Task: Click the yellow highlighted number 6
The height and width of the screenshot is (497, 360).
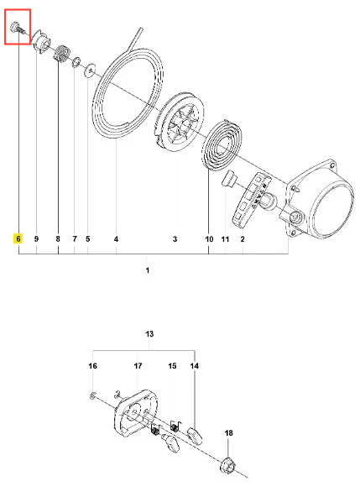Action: pyautogui.click(x=18, y=238)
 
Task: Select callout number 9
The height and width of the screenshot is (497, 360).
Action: pyautogui.click(x=36, y=238)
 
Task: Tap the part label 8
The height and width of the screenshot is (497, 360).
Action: pyautogui.click(x=58, y=238)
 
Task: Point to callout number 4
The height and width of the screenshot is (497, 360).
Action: pyautogui.click(x=116, y=238)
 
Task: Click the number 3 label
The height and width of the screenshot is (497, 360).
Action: pyautogui.click(x=175, y=238)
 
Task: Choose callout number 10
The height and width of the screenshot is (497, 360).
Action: pyautogui.click(x=209, y=238)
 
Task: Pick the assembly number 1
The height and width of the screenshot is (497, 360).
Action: pyautogui.click(x=148, y=270)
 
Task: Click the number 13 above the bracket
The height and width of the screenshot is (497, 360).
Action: pyautogui.click(x=149, y=334)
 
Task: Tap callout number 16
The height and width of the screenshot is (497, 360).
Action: pyautogui.click(x=92, y=366)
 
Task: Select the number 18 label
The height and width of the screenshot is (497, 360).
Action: pyautogui.click(x=228, y=432)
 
